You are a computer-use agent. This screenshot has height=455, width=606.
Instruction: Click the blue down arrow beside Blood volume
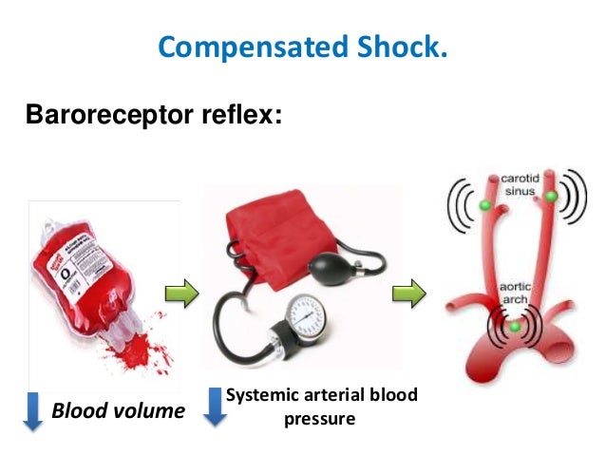coord(32,411)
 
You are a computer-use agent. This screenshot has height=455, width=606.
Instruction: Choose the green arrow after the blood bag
coord(183,293)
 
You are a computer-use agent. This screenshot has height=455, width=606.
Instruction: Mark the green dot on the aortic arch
coord(515,326)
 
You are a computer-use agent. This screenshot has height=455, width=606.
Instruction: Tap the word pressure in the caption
coord(319,417)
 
